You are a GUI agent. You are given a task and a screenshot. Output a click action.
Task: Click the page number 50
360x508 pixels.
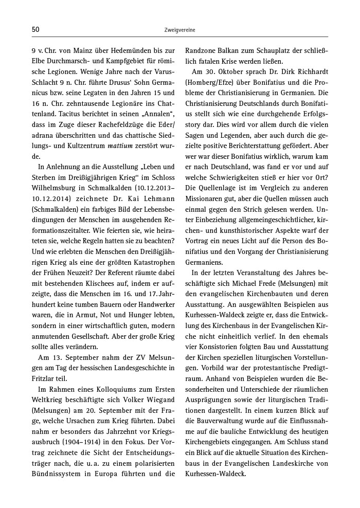coord(35,30)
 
